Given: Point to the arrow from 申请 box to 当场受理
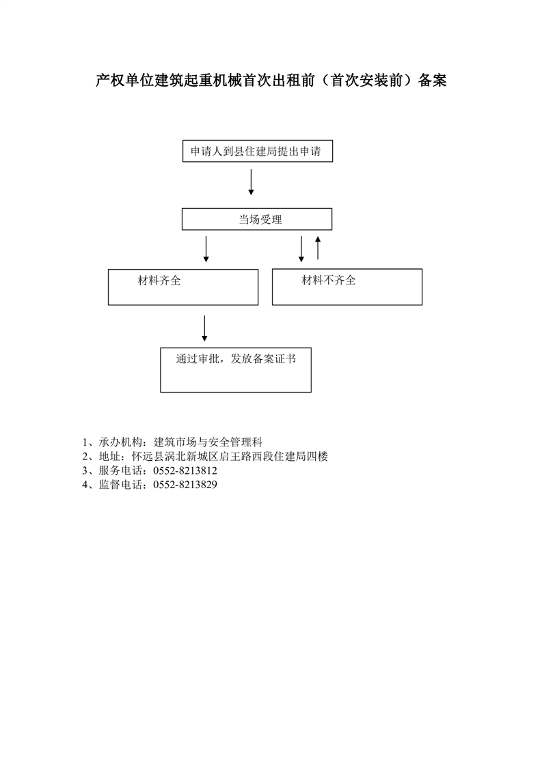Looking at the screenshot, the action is (x=251, y=182).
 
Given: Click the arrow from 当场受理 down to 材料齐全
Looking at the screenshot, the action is (x=206, y=249).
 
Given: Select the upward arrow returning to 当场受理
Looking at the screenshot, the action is (x=318, y=248).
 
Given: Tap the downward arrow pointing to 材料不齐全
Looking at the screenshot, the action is (x=301, y=249).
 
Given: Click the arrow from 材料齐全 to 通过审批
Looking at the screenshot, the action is (x=204, y=328).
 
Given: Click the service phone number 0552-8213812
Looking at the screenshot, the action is (x=185, y=470).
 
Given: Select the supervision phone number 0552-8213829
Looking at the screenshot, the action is (x=185, y=485).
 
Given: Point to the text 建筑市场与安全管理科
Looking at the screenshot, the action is (x=208, y=442).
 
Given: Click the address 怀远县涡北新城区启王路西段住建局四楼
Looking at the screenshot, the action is (x=230, y=456).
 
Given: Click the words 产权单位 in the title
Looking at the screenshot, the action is (x=125, y=80).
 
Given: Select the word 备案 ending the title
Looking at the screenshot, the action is (x=433, y=80).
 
